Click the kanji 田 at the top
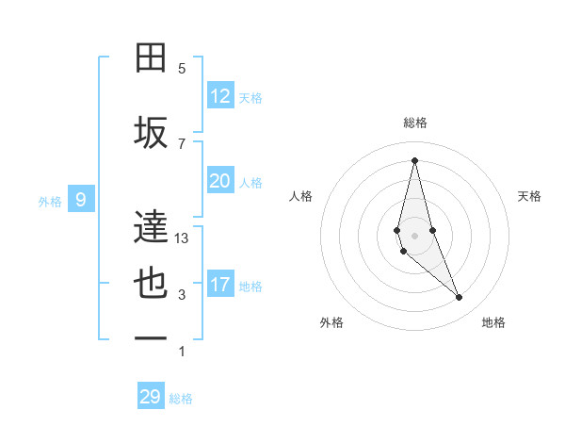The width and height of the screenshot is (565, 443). [152, 58]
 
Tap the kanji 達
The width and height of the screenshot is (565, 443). [152, 227]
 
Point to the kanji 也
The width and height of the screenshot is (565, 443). [152, 284]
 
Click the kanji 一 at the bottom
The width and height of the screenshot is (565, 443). [152, 339]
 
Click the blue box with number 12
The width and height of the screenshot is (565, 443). [220, 96]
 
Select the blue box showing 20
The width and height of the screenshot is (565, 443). [220, 181]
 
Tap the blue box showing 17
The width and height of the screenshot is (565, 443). [220, 285]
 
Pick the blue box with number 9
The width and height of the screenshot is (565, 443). [82, 199]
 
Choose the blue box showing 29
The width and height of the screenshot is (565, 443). [151, 397]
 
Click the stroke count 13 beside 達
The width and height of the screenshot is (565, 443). [182, 238]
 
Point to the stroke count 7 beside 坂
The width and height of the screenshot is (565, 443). [182, 143]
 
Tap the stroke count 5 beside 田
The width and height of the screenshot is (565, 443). [182, 69]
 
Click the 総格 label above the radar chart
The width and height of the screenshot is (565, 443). [414, 123]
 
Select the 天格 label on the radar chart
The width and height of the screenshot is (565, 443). [530, 196]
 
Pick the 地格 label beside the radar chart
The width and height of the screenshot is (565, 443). [493, 322]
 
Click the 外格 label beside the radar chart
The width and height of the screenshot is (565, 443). [331, 322]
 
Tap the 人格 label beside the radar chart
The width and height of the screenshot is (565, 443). [300, 196]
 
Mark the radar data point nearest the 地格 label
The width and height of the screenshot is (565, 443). [460, 298]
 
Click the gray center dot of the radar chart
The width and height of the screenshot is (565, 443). [414, 235]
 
